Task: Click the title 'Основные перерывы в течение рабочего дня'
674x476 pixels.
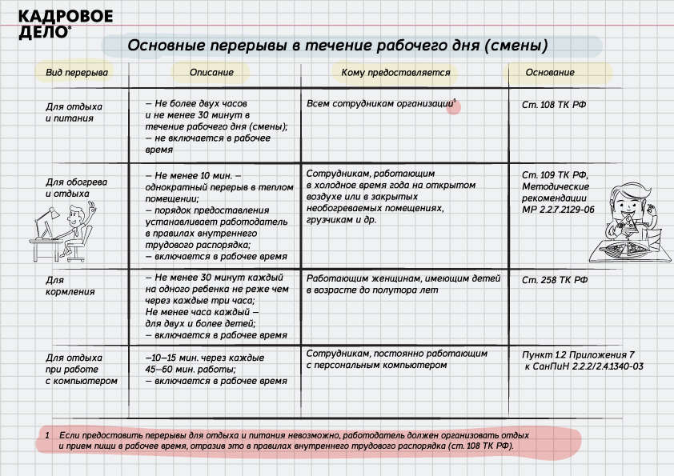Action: (337, 45)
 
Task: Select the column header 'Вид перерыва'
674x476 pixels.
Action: (77, 73)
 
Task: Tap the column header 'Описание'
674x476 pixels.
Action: (211, 73)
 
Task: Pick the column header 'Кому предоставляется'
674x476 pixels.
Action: (395, 73)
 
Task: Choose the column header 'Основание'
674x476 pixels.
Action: (549, 73)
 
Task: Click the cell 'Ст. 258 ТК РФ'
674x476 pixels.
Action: (555, 280)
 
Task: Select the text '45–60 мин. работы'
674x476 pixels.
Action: (190, 370)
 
